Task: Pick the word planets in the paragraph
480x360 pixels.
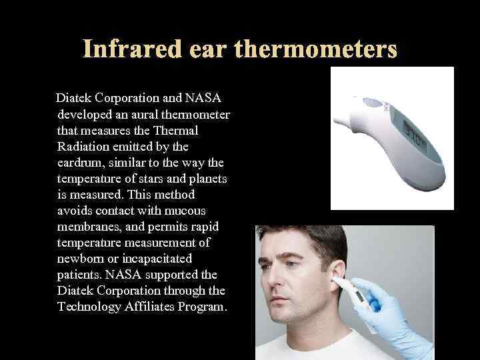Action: tap(205, 178)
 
